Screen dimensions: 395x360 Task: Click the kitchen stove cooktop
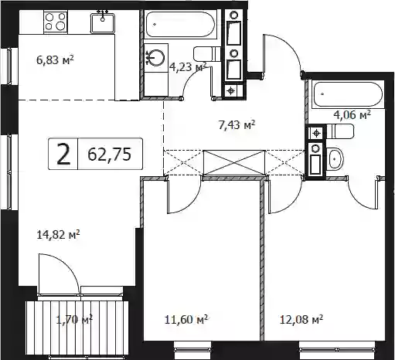(56, 22)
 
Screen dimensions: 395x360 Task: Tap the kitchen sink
(102, 23)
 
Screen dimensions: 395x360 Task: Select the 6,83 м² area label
(55, 60)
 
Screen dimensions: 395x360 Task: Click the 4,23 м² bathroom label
(188, 67)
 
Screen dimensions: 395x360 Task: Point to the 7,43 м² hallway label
(237, 125)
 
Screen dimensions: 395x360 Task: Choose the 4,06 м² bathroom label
(352, 114)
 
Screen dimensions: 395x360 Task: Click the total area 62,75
(109, 155)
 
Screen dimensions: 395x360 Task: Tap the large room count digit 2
(63, 154)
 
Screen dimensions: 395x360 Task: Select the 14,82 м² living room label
(58, 235)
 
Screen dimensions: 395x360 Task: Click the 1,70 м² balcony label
(74, 320)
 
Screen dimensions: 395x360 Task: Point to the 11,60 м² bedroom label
(186, 320)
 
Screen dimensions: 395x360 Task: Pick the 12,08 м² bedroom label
(301, 320)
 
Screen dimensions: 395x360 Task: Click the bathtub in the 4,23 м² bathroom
(180, 25)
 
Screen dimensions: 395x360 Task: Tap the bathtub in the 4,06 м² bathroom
(347, 94)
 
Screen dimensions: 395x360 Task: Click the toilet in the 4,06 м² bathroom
(339, 131)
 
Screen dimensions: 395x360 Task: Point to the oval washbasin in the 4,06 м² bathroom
(335, 158)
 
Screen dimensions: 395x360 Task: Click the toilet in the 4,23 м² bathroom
(207, 54)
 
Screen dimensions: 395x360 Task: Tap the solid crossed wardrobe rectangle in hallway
(234, 163)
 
